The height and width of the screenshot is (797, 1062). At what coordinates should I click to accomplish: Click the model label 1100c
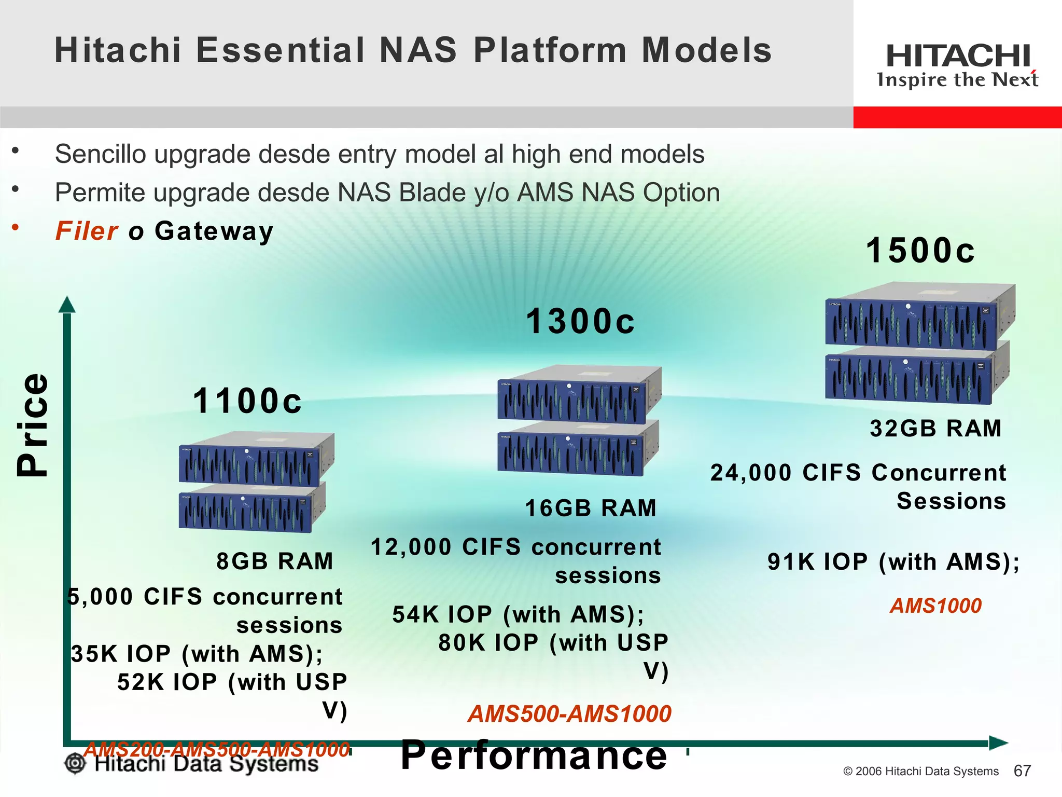pos(247,401)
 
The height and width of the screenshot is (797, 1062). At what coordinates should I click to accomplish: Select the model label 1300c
pos(580,321)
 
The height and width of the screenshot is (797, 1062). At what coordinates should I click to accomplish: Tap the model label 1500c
pos(920,251)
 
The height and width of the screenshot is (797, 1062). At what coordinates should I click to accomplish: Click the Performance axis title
pos(534,755)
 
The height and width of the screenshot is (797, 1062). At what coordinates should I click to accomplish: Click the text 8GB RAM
pos(275,561)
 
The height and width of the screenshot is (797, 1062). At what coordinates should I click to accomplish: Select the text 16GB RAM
pos(591,508)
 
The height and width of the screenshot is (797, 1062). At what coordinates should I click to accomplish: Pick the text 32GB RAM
pos(935,429)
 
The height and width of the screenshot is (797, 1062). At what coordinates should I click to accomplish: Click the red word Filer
pos(87,231)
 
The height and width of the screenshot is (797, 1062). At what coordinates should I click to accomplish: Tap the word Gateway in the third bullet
pos(214,231)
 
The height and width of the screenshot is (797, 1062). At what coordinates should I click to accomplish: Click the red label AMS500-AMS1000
pos(569,714)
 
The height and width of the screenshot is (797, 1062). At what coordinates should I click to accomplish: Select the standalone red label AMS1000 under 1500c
pos(935,606)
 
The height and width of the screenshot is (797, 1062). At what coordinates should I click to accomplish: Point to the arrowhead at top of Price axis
pos(67,305)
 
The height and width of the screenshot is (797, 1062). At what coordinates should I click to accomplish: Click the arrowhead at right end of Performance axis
pos(998,743)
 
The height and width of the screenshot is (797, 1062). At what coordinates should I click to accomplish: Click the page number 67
pos(1022,771)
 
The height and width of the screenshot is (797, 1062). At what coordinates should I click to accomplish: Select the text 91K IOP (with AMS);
pos(893,562)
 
